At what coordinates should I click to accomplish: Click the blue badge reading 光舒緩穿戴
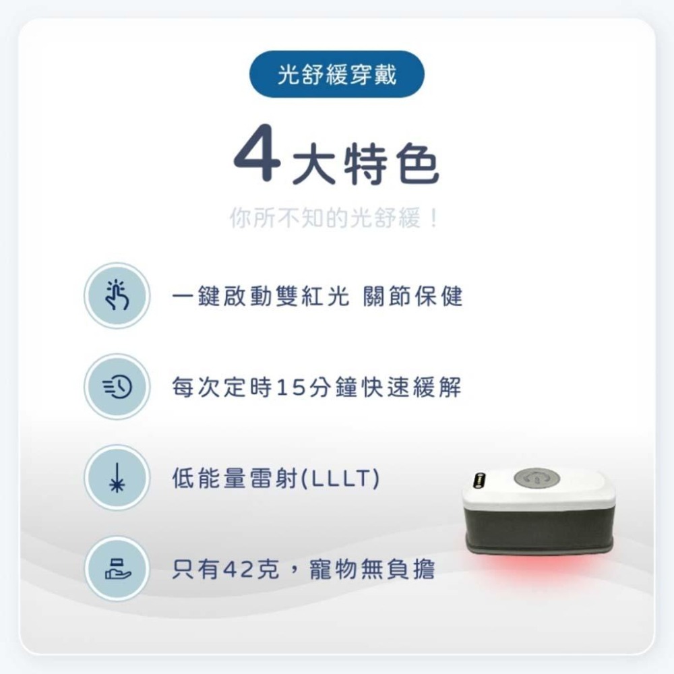337,74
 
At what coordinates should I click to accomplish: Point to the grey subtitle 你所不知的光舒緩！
335,218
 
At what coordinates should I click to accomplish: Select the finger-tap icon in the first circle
117,296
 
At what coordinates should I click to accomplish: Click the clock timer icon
117,387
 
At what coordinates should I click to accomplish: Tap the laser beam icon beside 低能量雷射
117,478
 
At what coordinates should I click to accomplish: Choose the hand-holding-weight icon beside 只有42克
117,569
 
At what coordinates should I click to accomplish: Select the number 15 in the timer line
290,388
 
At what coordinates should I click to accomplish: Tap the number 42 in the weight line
237,570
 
